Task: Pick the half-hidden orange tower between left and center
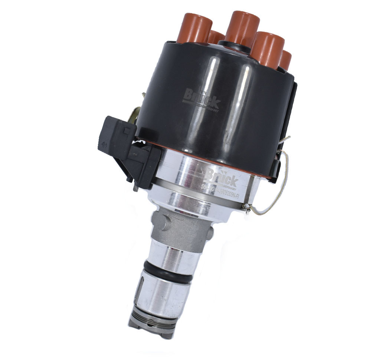215,37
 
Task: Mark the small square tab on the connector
126,130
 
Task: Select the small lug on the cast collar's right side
210,233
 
